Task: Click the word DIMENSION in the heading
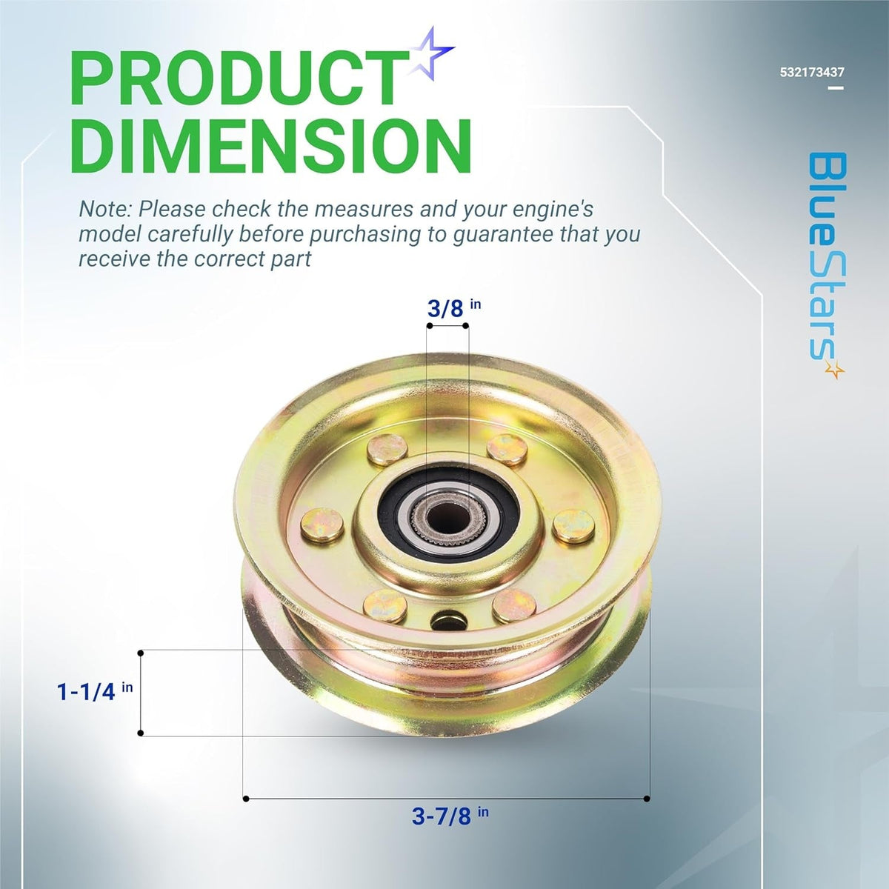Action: (271, 146)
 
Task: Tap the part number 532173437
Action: (812, 73)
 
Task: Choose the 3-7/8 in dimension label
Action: (450, 816)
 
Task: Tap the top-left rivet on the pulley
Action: (387, 449)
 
